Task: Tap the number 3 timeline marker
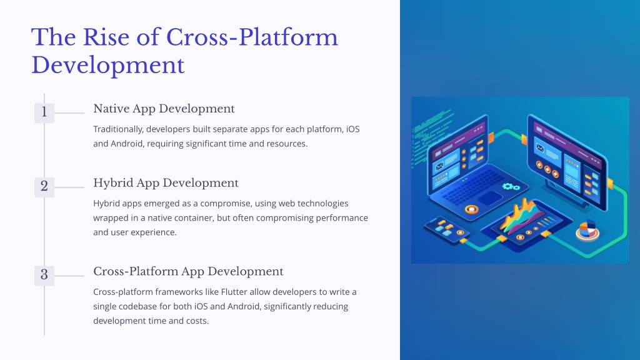click(x=44, y=276)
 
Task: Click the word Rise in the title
click(x=107, y=37)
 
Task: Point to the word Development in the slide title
click(x=108, y=65)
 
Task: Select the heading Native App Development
click(x=164, y=109)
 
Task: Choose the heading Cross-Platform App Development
click(x=188, y=271)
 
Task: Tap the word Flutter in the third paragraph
click(x=234, y=292)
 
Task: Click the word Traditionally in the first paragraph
click(x=118, y=129)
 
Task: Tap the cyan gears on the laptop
click(x=511, y=187)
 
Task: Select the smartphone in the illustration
click(x=446, y=230)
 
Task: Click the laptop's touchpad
click(x=490, y=198)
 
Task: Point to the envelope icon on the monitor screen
click(x=540, y=147)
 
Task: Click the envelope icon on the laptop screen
click(x=440, y=166)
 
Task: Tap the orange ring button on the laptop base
click(x=471, y=210)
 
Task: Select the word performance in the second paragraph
click(x=342, y=218)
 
